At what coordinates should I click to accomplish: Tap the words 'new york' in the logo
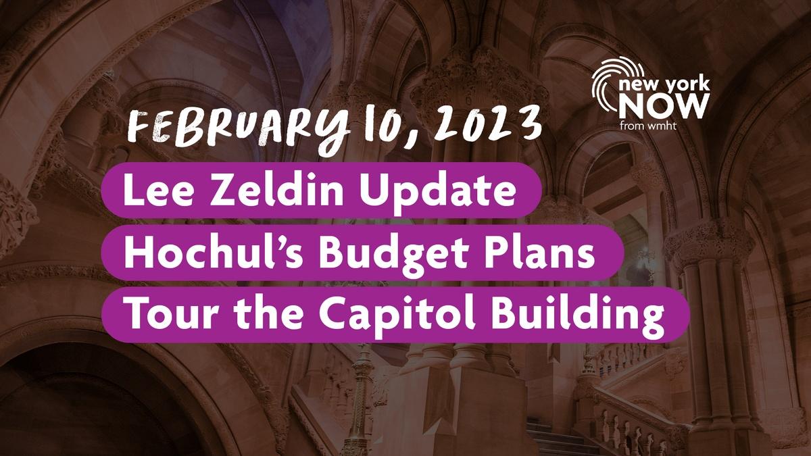(x=664, y=84)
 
